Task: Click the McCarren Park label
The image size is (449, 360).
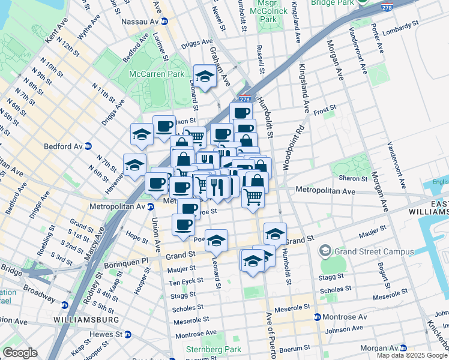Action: click(x=157, y=74)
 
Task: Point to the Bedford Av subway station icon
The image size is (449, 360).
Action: click(x=88, y=146)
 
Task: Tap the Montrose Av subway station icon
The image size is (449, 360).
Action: click(x=318, y=316)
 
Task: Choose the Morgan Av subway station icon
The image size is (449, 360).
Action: click(x=403, y=348)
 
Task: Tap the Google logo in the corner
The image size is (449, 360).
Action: click(x=20, y=352)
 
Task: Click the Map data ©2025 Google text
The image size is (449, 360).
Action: click(x=412, y=355)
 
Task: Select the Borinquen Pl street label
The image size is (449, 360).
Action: click(x=127, y=262)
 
